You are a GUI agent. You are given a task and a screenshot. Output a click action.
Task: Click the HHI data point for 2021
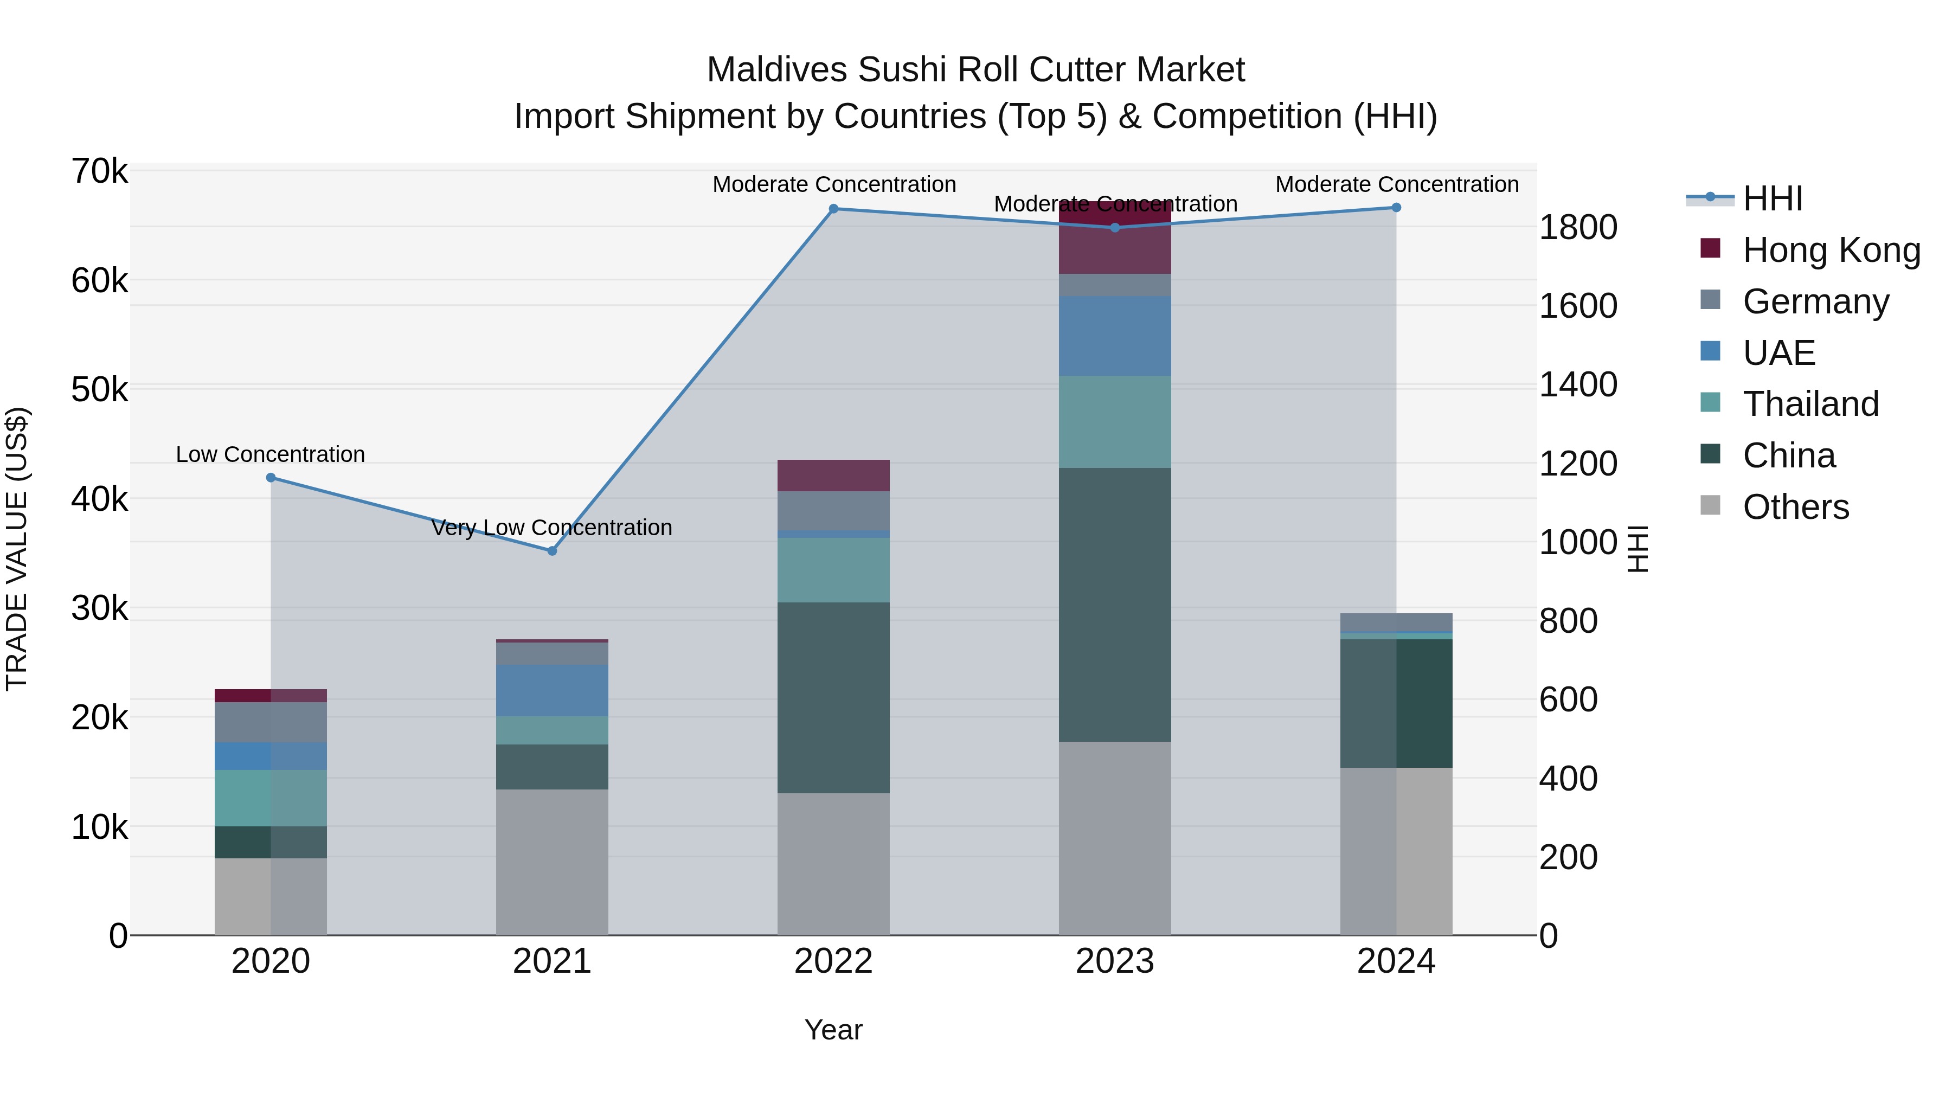pos(551,551)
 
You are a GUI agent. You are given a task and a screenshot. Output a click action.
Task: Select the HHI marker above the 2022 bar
pos(833,208)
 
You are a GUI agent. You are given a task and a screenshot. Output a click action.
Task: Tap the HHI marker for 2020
pos(271,477)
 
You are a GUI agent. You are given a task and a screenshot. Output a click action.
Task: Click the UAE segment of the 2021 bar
pos(551,690)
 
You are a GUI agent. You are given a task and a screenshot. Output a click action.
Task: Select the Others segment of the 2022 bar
pos(833,864)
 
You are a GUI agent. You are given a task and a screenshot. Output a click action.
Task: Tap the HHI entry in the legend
pos(1771,198)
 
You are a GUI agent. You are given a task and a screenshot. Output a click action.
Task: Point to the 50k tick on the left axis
pos(99,390)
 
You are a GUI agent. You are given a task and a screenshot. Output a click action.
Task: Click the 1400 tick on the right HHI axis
pos(1578,385)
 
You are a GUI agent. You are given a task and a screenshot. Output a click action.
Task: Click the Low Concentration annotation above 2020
pos(271,455)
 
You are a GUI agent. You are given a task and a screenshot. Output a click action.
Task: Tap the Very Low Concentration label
pos(551,528)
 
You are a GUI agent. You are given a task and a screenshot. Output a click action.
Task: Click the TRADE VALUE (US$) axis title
pos(17,549)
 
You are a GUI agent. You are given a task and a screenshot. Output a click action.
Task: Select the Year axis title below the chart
pos(833,1030)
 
